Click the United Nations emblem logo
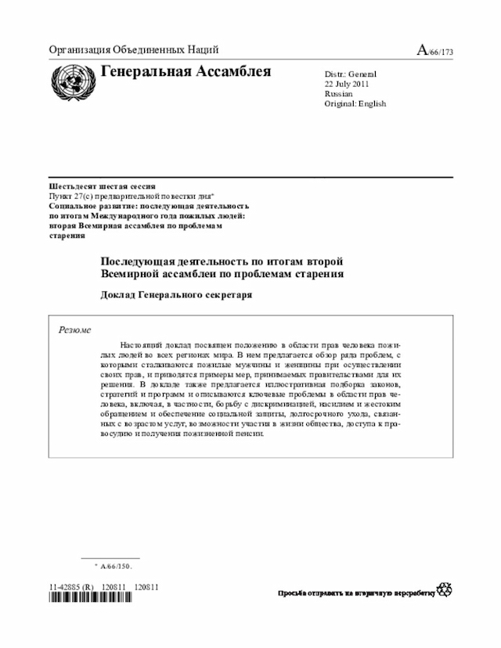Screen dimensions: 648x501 point(71,81)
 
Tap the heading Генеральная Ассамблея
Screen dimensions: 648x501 point(186,73)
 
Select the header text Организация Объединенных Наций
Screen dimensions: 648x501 point(133,50)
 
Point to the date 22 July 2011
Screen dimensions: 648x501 point(347,84)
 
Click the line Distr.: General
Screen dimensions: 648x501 point(351,74)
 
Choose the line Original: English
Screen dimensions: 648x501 point(355,104)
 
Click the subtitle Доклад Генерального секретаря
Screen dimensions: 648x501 point(177,295)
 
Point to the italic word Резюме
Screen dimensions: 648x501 point(75,329)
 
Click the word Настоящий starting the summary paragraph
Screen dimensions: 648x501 point(144,345)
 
